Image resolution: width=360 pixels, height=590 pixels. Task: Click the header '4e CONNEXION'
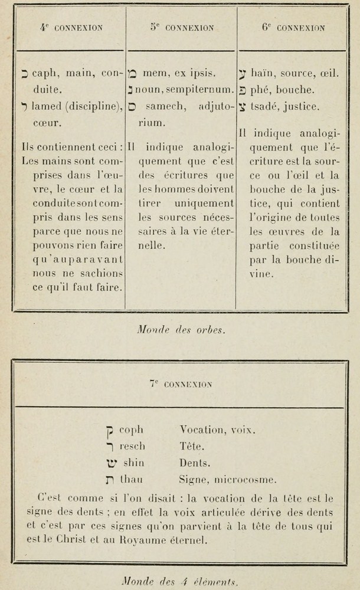click(71, 27)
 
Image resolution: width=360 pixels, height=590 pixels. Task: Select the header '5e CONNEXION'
click(182, 27)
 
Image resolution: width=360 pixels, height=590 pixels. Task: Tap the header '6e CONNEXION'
click(293, 27)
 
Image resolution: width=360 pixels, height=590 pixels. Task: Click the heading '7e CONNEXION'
click(181, 383)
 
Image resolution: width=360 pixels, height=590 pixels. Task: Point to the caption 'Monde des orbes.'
click(181, 330)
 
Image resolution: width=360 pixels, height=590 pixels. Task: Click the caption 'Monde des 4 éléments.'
click(181, 582)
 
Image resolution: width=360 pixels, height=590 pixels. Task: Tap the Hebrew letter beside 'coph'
click(109, 431)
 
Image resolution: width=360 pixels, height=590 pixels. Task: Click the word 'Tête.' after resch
click(191, 446)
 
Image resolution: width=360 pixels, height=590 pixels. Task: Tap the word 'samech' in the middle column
click(160, 107)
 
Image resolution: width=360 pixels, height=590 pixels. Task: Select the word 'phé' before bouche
click(260, 90)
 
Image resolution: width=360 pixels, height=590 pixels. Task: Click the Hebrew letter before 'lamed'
click(24, 107)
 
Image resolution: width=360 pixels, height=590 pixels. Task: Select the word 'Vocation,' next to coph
click(199, 430)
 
